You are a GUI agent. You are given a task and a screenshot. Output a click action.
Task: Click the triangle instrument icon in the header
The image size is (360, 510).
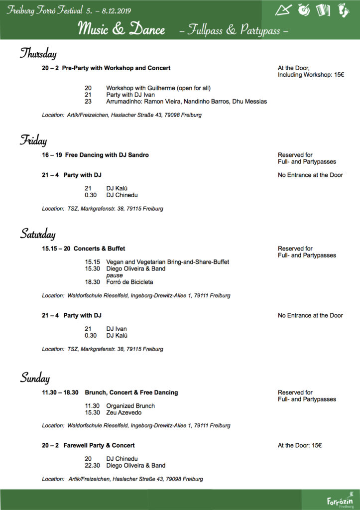click(284, 9)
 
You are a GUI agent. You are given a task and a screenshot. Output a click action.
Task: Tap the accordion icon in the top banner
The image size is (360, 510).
click(323, 9)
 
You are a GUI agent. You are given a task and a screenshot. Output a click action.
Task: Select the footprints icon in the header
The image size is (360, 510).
click(344, 9)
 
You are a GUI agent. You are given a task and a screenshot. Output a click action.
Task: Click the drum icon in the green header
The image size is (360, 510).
click(304, 9)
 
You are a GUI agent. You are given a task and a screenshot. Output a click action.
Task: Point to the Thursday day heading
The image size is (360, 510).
click(38, 53)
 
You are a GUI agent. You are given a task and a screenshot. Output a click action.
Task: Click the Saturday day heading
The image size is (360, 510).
click(38, 234)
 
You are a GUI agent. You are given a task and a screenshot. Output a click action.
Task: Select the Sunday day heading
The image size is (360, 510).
click(35, 378)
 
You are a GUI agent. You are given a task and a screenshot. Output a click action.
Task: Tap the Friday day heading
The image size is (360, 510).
click(33, 140)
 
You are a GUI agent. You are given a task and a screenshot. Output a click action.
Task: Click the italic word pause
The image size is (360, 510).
click(115, 275)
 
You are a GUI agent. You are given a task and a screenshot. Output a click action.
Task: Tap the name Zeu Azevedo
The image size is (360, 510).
click(124, 413)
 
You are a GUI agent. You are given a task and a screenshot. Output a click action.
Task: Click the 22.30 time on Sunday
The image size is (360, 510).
click(93, 466)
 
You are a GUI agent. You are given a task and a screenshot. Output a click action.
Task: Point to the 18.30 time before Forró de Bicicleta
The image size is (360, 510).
click(93, 282)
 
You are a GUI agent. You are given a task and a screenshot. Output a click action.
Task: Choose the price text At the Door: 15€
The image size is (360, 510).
click(300, 445)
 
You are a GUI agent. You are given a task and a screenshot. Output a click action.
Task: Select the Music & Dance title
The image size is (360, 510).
click(121, 29)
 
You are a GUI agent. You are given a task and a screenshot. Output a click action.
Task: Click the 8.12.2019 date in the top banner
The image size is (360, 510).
click(116, 10)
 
